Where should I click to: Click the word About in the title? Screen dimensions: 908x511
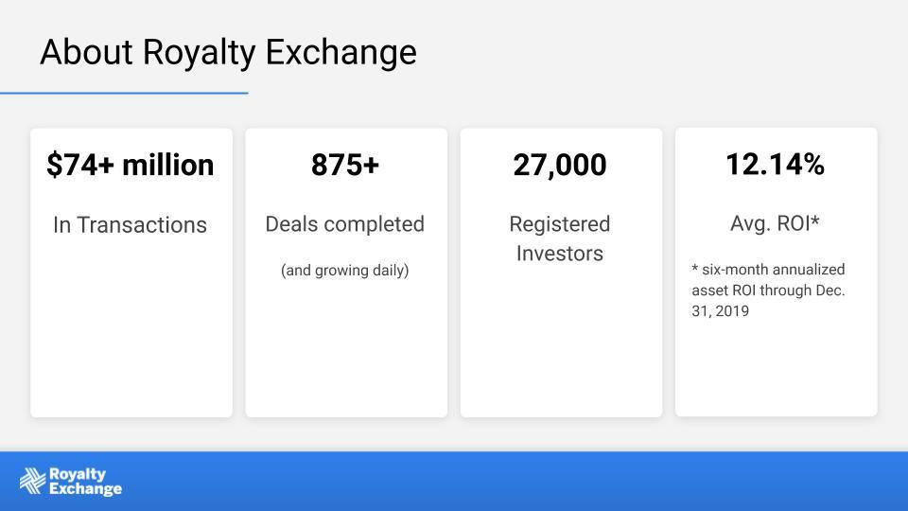pos(86,51)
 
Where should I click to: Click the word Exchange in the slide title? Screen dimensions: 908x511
pos(341,53)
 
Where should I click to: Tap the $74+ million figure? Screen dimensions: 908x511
pos(131,165)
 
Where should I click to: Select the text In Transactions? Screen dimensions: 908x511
pos(130,225)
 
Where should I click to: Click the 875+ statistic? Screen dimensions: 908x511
pos(345,165)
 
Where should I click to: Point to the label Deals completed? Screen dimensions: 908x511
pos(345,224)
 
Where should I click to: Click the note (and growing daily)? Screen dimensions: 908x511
pos(345,270)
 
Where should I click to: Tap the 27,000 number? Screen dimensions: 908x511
pos(560,165)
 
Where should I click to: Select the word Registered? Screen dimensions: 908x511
pos(560,224)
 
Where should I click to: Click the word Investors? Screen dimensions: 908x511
pos(560,254)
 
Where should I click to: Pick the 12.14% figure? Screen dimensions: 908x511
pos(776,164)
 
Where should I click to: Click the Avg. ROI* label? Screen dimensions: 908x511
pos(776,223)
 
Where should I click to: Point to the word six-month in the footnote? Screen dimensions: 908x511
pos(735,270)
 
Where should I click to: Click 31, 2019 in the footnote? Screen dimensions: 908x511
pos(721,311)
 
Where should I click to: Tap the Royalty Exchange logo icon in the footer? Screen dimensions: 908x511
pos(32,481)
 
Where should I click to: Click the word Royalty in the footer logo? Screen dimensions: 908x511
pos(78,475)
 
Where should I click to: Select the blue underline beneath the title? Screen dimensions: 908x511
pos(124,93)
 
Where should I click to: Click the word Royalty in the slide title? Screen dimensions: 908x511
pos(199,53)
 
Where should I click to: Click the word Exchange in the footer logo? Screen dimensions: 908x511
pos(86,489)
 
